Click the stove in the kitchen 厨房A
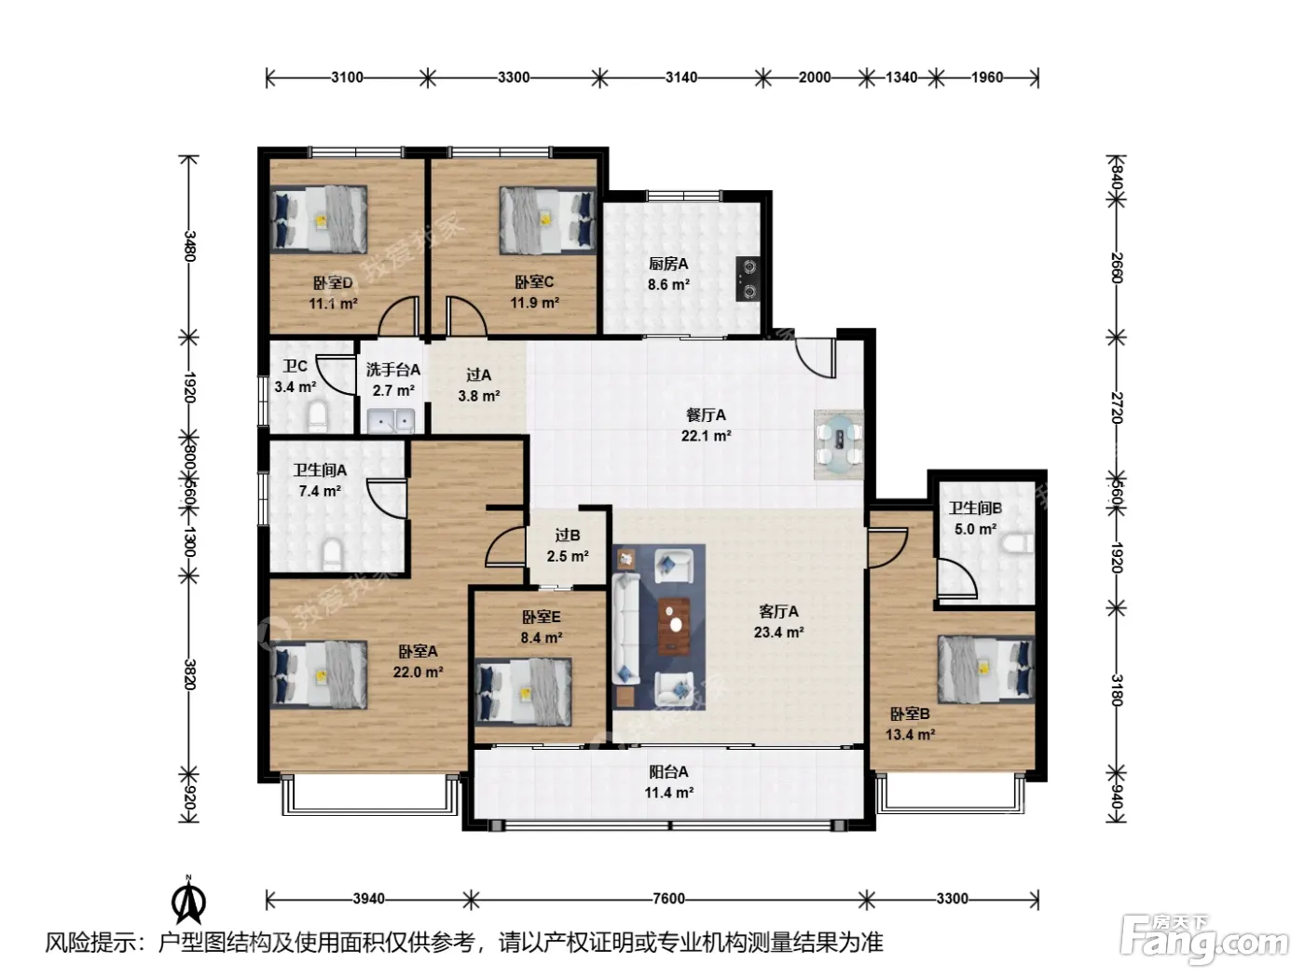coord(748,278)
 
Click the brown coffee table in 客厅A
coord(674,625)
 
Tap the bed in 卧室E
coord(523,691)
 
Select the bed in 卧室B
coord(986,669)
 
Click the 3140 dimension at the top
coord(681,78)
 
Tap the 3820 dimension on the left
coord(189,673)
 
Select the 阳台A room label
coord(668,772)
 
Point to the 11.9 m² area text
coord(534,303)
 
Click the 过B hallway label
coord(567,536)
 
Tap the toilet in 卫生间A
coord(333,555)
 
